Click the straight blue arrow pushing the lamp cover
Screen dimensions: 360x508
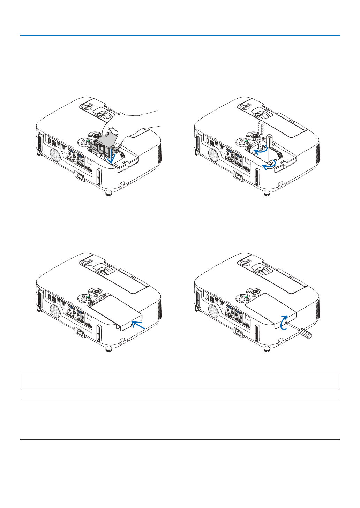(x=138, y=326)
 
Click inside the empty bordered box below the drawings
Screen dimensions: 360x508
(x=180, y=381)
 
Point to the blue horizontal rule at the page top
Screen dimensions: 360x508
(x=180, y=36)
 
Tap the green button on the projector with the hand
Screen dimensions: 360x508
(x=89, y=142)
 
